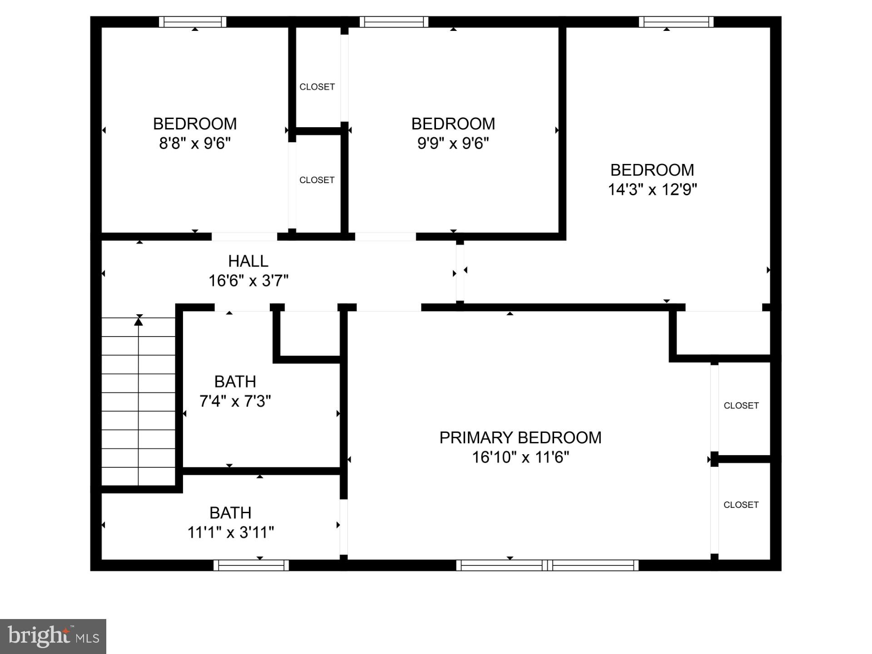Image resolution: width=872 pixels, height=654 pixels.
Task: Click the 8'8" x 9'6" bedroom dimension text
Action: pyautogui.click(x=195, y=144)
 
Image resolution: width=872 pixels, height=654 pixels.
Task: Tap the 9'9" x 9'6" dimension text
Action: pyautogui.click(x=453, y=144)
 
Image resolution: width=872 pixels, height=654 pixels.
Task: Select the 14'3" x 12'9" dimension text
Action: pyautogui.click(x=652, y=189)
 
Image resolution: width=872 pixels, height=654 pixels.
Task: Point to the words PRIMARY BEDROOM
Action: pyautogui.click(x=520, y=437)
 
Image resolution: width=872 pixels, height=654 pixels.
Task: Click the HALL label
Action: pyautogui.click(x=248, y=261)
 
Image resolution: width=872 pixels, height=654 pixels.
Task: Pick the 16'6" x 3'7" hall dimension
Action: pyautogui.click(x=248, y=281)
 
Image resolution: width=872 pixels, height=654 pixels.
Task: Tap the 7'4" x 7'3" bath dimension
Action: pyautogui.click(x=235, y=401)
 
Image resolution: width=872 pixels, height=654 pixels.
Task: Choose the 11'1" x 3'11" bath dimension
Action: pyautogui.click(x=230, y=532)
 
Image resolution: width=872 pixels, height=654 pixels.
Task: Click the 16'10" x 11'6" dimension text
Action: pyautogui.click(x=520, y=457)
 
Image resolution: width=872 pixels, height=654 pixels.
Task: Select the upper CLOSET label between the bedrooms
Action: pyautogui.click(x=317, y=87)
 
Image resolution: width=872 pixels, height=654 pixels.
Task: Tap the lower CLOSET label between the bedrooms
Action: pyautogui.click(x=317, y=180)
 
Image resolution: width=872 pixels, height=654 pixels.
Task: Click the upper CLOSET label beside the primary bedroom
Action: pyautogui.click(x=741, y=406)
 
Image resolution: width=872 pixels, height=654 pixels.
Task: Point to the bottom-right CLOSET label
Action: pyautogui.click(x=741, y=505)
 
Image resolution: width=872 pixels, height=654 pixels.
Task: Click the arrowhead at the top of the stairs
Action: pyautogui.click(x=139, y=322)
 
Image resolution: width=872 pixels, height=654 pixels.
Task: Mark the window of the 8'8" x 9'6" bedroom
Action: pyautogui.click(x=193, y=22)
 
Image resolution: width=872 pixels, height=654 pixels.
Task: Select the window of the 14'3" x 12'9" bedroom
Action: pyautogui.click(x=676, y=22)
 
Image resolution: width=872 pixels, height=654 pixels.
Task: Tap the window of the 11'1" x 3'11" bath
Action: pyautogui.click(x=251, y=565)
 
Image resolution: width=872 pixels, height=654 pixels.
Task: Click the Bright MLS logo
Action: pyautogui.click(x=53, y=636)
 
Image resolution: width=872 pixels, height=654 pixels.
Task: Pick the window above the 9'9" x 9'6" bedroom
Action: pyautogui.click(x=394, y=22)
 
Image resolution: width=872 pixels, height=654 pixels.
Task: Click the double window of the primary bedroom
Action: pyautogui.click(x=547, y=565)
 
